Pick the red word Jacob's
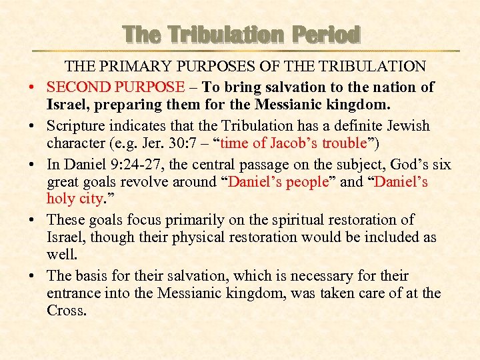[289, 143]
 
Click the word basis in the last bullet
[90, 276]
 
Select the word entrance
[73, 293]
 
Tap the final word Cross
[66, 311]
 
